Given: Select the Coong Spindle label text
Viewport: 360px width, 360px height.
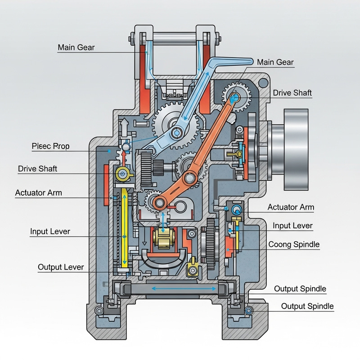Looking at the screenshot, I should click(293, 244).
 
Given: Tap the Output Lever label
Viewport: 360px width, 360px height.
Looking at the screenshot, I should click(61, 267).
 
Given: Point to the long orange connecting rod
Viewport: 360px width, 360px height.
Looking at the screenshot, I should click(202, 148).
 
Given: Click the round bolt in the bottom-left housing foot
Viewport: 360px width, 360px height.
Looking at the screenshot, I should click(99, 310).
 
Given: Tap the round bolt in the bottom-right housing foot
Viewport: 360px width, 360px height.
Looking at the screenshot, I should click(247, 310).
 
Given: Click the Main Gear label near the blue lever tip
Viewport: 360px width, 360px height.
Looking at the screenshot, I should click(275, 63).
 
